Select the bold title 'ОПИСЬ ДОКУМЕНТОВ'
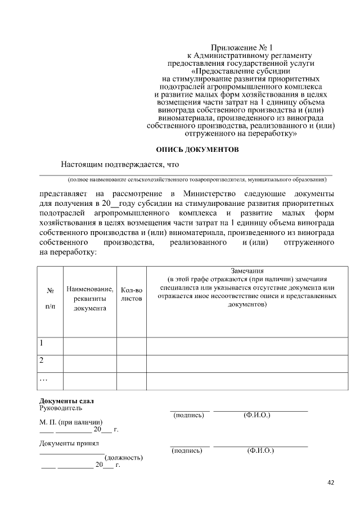point(197,150)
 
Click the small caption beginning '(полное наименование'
point(197,180)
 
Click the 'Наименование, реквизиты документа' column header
point(89,299)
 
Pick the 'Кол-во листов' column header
point(132,294)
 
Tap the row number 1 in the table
point(42,343)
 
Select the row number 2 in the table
point(42,360)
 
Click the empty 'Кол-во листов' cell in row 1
point(132,345)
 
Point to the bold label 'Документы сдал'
point(66,400)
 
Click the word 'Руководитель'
point(61,408)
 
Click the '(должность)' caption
point(124,458)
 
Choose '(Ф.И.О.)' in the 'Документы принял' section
point(260,451)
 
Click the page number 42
point(331,482)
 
